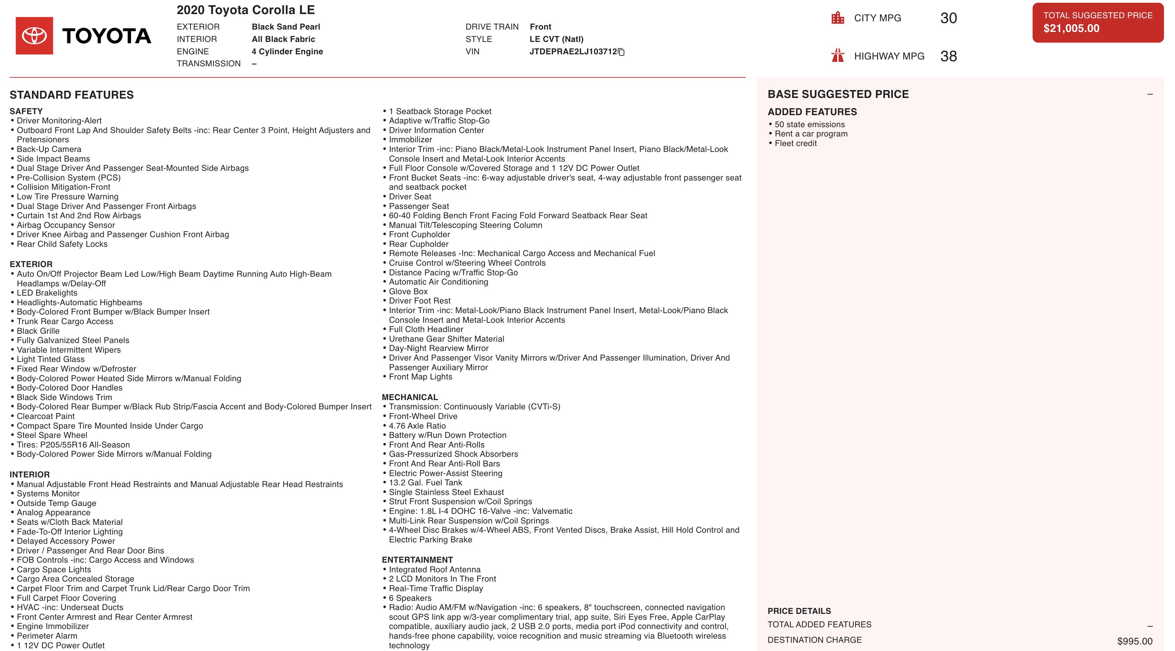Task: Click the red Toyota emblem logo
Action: (x=34, y=35)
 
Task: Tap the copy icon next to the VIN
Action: (x=621, y=52)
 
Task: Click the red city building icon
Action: (x=838, y=18)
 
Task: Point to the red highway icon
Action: (x=838, y=56)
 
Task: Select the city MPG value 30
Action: (x=948, y=18)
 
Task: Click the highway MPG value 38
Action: (x=948, y=56)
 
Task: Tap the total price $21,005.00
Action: (x=1071, y=28)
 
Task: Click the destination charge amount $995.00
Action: (x=1134, y=641)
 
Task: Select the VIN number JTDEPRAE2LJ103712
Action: (x=573, y=52)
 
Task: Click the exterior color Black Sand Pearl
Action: (x=285, y=27)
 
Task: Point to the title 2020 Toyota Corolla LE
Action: (x=245, y=10)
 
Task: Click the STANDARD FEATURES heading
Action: (x=72, y=95)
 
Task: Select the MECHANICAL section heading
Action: (x=410, y=397)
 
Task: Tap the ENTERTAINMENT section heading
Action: (x=417, y=560)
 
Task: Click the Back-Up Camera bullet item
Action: (x=49, y=149)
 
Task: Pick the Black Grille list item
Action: (x=38, y=331)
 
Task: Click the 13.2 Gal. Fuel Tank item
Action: (x=425, y=482)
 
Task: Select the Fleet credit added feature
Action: (x=796, y=143)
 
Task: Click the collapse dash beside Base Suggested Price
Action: (x=1150, y=95)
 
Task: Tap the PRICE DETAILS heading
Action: (x=799, y=611)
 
